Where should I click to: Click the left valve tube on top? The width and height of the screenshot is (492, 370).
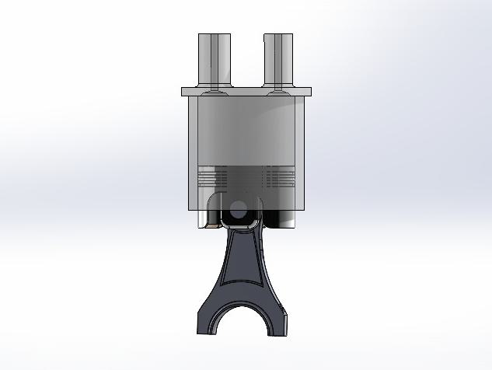[214, 58]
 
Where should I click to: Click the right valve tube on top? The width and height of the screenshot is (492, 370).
[278, 58]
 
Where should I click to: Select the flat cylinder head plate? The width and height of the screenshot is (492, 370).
[246, 92]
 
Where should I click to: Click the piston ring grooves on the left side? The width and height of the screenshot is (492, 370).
[213, 178]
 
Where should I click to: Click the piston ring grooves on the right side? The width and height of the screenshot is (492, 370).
[277, 178]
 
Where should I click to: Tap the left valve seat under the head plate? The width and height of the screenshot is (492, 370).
[212, 98]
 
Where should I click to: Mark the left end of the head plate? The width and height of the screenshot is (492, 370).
[185, 92]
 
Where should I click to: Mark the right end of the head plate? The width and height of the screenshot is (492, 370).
[308, 92]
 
